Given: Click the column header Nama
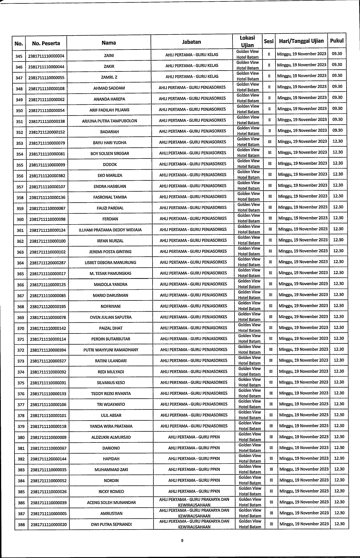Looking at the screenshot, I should [109, 43].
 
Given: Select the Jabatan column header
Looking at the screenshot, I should [191, 42].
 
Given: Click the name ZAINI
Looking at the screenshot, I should [109, 56].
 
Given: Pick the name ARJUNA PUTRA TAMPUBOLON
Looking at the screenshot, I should [109, 121].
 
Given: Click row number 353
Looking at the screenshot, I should [19, 143].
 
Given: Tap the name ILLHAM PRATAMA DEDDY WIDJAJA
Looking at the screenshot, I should [110, 230].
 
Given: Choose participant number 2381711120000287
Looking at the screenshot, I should [48, 263].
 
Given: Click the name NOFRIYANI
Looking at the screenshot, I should [110, 306].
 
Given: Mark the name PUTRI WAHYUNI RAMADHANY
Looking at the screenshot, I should [110, 350].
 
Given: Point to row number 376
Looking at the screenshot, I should [21, 394].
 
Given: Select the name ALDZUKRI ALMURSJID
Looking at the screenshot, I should [111, 437].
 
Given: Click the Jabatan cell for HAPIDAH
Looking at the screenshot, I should [194, 459].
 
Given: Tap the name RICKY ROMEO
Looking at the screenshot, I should [111, 492].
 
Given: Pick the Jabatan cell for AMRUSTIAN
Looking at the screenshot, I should [194, 513].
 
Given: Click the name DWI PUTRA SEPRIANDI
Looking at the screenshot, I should [111, 524].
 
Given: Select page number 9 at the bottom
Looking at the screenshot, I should [182, 541].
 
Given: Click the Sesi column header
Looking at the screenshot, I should [268, 41].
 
